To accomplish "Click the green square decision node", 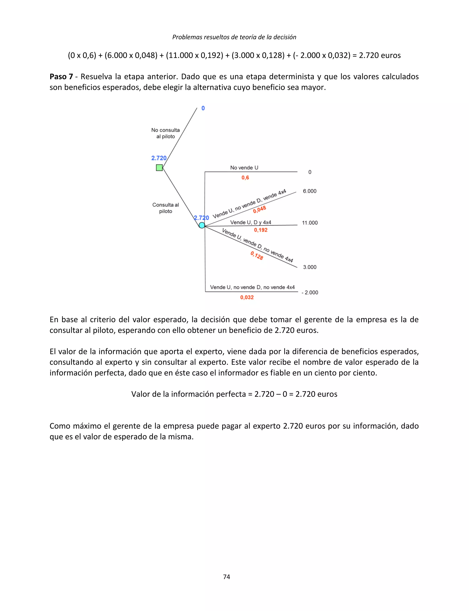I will pyautogui.click(x=159, y=168).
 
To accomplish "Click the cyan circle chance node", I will pyautogui.click(x=202, y=225).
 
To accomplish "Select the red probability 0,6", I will pyautogui.click(x=245, y=178).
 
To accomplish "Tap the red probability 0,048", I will pyautogui.click(x=260, y=209).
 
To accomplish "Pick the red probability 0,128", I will pyautogui.click(x=256, y=255).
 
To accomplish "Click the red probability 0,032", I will pyautogui.click(x=247, y=297).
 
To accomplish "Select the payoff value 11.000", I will pyautogui.click(x=310, y=223).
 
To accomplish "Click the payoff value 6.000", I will pyautogui.click(x=310, y=191).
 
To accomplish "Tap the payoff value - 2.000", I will pyautogui.click(x=310, y=292).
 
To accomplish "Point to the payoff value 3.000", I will pyautogui.click(x=310, y=267).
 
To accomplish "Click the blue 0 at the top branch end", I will pyautogui.click(x=203, y=108).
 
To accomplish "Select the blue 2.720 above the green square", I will pyautogui.click(x=158, y=158).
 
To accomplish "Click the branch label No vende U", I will pyautogui.click(x=244, y=168).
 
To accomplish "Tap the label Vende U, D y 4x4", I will pyautogui.click(x=250, y=222).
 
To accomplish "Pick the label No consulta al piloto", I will pyautogui.click(x=165, y=133).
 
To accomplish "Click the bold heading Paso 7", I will pyautogui.click(x=61, y=77).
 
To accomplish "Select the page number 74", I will pyautogui.click(x=226, y=577).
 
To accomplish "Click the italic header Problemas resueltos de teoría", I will pyautogui.click(x=234, y=37).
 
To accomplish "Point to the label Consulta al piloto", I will pyautogui.click(x=165, y=208).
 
